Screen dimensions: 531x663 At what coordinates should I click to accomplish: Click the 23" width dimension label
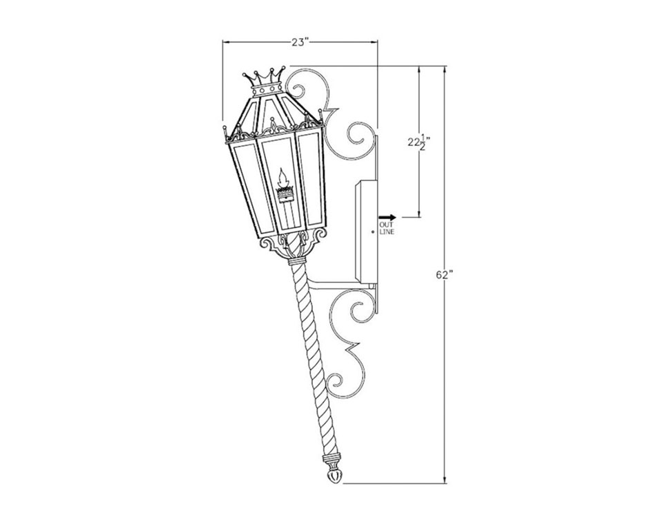[x=299, y=42]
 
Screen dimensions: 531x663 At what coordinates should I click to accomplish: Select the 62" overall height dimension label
[x=444, y=274]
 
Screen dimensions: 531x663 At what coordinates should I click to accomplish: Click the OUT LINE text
[x=387, y=228]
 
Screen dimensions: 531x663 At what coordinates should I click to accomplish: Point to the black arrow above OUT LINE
[x=387, y=217]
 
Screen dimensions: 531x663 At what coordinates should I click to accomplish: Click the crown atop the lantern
[x=267, y=80]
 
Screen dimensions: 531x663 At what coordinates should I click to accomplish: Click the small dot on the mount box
[x=372, y=232]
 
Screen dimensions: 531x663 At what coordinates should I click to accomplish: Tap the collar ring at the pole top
[x=296, y=262]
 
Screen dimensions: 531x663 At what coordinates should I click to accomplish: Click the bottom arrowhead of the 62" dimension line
[x=445, y=478]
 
